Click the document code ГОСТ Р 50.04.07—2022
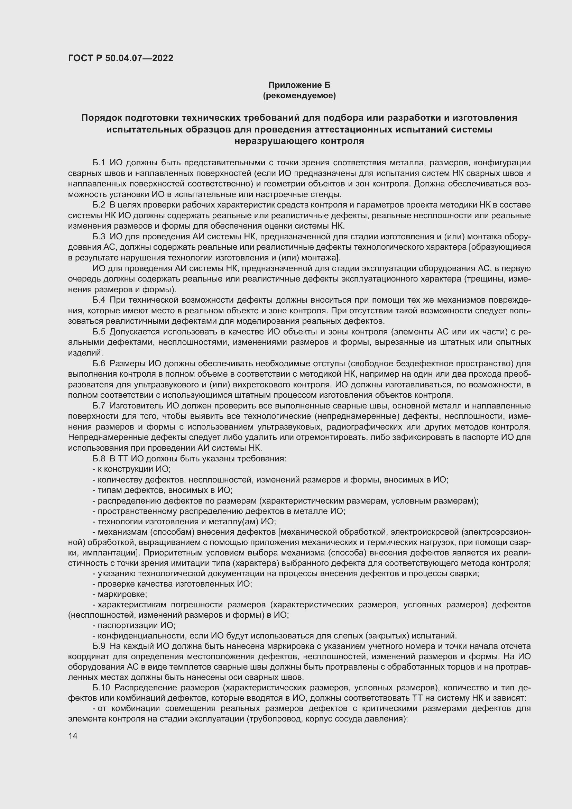tap(120, 58)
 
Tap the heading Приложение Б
tap(299, 85)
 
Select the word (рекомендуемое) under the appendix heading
tap(299, 95)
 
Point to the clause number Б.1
tap(99, 163)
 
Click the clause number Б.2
tap(99, 205)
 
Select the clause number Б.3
tap(99, 237)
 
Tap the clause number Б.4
tap(99, 300)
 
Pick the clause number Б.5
tap(99, 332)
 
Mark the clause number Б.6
tap(99, 364)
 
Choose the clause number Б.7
tap(99, 406)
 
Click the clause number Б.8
tap(99, 459)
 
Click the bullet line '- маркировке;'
tap(120, 595)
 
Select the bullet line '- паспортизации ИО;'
tap(134, 625)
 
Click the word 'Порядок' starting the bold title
tap(101, 118)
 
